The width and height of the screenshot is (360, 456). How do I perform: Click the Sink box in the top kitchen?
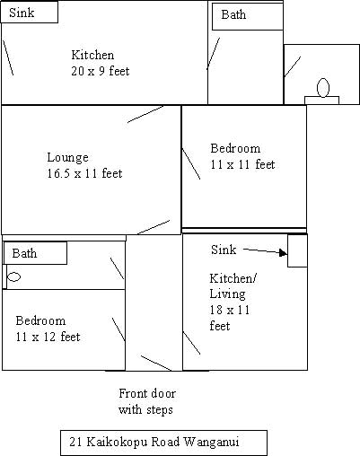pyautogui.click(x=30, y=12)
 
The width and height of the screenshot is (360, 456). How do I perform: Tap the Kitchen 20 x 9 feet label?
pyautogui.click(x=101, y=63)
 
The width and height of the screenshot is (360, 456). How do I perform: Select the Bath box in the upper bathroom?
pyautogui.click(x=248, y=16)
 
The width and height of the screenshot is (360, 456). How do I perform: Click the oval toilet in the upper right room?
pyautogui.click(x=323, y=87)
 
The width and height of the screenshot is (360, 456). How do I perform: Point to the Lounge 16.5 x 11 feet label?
pyautogui.click(x=84, y=165)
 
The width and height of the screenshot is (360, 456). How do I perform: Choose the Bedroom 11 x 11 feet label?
pyautogui.click(x=242, y=156)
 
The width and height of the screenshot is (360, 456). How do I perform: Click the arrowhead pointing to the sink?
pyautogui.click(x=283, y=253)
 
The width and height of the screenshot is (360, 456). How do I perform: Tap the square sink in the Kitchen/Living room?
pyautogui.click(x=297, y=250)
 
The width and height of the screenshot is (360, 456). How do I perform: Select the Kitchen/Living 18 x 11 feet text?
pyautogui.click(x=233, y=302)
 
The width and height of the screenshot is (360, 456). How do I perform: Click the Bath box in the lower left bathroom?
pyautogui.click(x=35, y=253)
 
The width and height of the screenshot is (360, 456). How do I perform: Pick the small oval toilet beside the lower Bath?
pyautogui.click(x=13, y=276)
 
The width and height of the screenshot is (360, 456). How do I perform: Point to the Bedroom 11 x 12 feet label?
pyautogui.click(x=48, y=329)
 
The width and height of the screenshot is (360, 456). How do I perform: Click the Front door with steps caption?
pyautogui.click(x=146, y=401)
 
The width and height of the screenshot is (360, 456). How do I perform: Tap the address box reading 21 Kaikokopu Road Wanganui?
pyautogui.click(x=163, y=443)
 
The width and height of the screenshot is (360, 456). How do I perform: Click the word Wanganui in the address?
pyautogui.click(x=211, y=442)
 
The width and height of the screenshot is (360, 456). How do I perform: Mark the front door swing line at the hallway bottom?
pyautogui.click(x=156, y=364)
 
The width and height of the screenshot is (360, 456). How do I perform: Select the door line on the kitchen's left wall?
pyautogui.click(x=8, y=57)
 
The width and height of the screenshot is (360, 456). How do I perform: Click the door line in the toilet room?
pyautogui.click(x=293, y=66)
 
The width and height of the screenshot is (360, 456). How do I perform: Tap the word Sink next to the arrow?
pyautogui.click(x=224, y=250)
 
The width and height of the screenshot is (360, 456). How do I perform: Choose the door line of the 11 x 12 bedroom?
pyautogui.click(x=119, y=329)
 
